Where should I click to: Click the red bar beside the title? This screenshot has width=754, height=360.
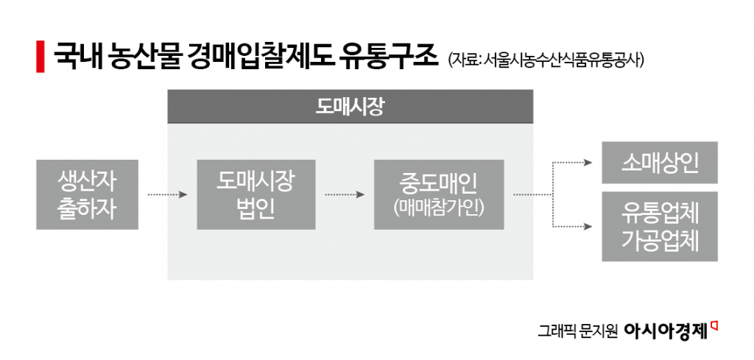coord(40,57)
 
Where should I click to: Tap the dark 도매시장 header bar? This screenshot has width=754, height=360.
coord(350,107)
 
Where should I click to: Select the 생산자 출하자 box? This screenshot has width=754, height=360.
coord(88,194)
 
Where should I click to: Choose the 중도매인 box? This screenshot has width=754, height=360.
coord(439,194)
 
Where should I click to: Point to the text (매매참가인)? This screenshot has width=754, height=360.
coord(439,208)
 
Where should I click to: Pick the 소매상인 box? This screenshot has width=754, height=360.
coord(660,163)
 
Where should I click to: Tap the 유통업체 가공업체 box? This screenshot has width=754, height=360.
coord(660,227)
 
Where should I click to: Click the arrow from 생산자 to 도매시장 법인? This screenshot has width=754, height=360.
coord(168,195)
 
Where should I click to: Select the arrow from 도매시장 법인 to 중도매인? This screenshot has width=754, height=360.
coord(345,195)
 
